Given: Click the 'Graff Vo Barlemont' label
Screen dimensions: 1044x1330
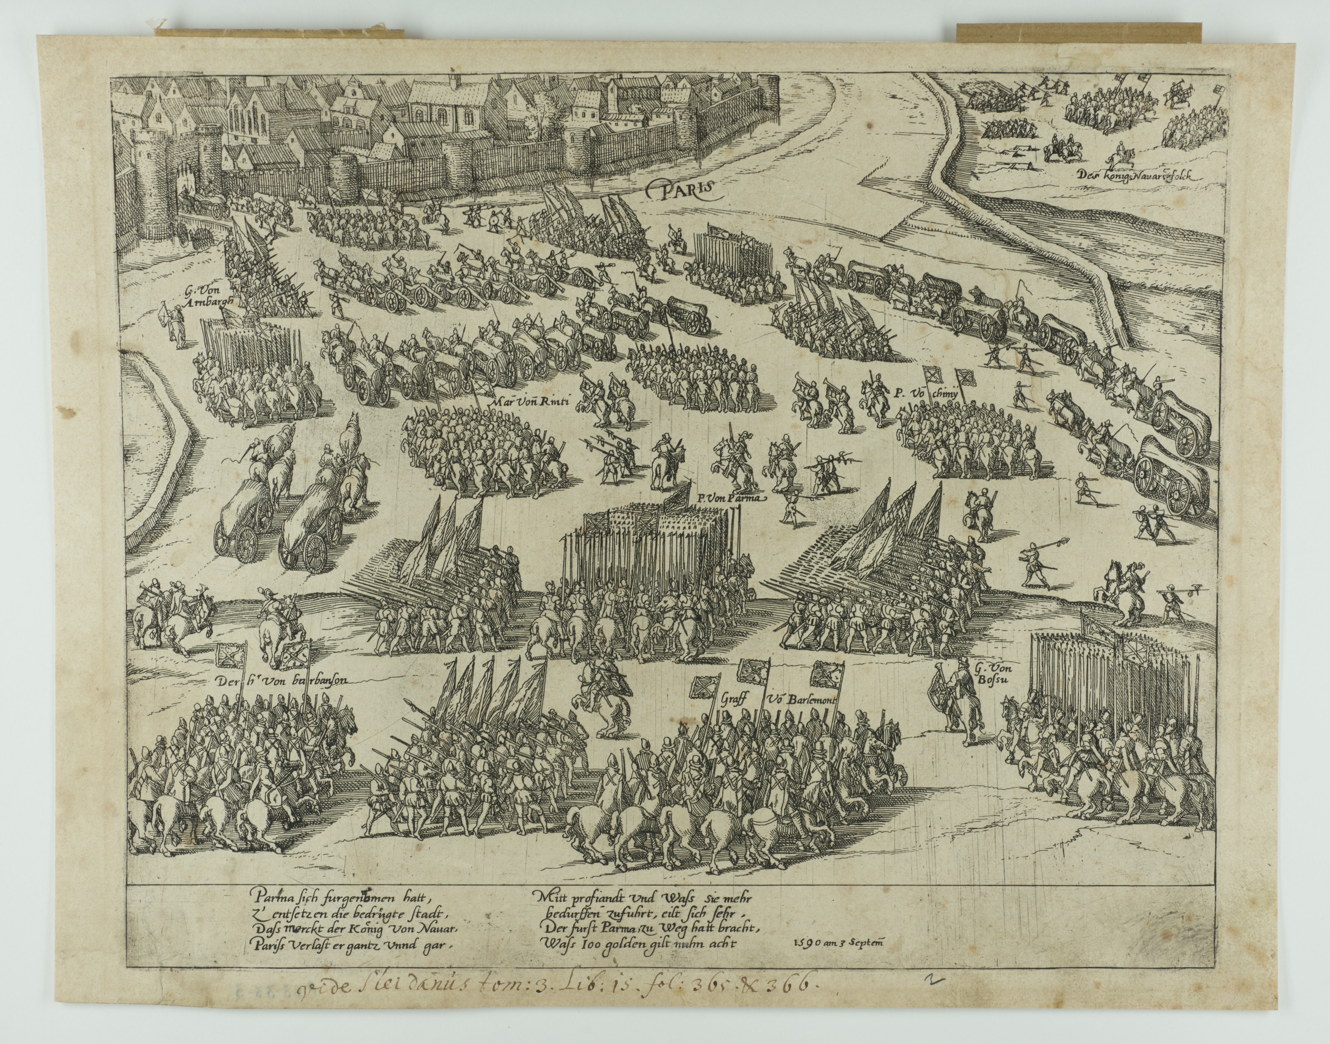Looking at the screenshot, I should point(777,700).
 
